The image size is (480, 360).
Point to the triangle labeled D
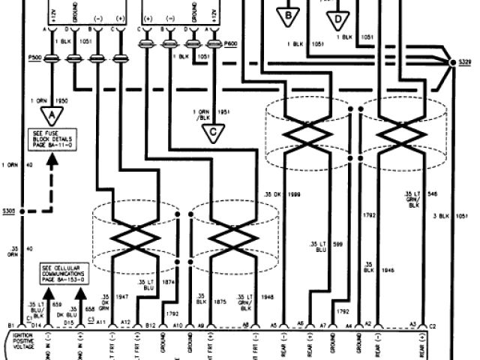pos(339,16)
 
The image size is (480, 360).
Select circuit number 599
pos(338,244)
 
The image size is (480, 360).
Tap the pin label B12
pos(151,325)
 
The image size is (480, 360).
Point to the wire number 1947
pos(122,297)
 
